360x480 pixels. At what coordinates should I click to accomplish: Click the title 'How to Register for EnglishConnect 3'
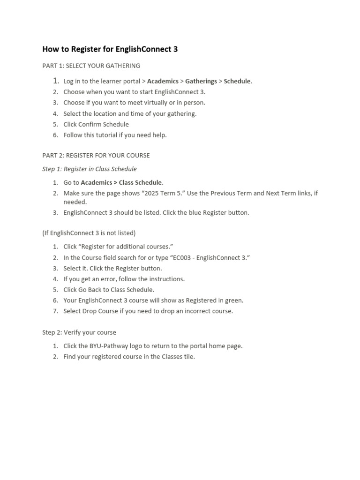(x=110, y=49)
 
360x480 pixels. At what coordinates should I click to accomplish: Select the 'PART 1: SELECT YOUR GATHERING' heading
(x=91, y=66)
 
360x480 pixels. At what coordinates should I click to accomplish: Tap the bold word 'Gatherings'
(x=201, y=81)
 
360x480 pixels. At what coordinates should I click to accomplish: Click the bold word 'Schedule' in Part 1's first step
(x=237, y=81)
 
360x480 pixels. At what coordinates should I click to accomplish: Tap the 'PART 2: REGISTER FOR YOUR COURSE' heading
(x=96, y=155)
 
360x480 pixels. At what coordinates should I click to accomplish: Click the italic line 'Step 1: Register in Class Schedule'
(x=89, y=169)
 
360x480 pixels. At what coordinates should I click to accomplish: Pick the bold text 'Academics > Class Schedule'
(x=121, y=182)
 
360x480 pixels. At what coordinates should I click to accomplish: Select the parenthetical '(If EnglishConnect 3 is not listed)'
(x=89, y=233)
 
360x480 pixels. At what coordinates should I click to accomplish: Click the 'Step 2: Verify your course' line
(x=79, y=332)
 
